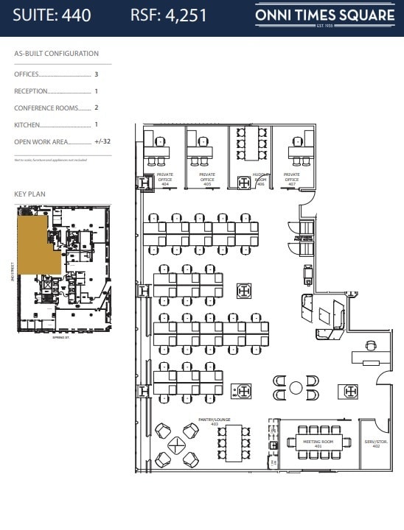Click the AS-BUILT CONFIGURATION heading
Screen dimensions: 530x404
pos(56,54)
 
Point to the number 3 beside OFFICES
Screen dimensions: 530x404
pos(96,74)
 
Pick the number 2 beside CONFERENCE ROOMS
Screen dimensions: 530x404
pos(96,108)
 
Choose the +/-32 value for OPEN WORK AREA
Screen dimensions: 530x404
pos(102,141)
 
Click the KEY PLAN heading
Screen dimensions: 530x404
pos(30,194)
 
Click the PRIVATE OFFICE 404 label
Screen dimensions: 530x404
pos(165,177)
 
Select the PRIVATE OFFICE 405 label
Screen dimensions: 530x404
pos(207,177)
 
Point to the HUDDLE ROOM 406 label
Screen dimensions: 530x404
pos(260,177)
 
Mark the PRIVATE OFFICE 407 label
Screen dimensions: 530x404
pos(292,177)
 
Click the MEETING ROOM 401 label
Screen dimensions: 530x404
pos(318,444)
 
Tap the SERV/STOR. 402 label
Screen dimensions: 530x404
pos(375,444)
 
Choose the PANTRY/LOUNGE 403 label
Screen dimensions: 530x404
pos(214,422)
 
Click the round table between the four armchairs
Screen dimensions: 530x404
pos(296,387)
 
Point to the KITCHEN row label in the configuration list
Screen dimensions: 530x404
pos(28,125)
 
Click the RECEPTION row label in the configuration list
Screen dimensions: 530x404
pos(31,91)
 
